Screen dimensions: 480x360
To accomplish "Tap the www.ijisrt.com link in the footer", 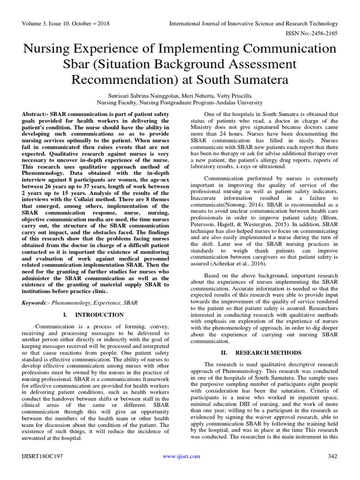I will tap(181, 456).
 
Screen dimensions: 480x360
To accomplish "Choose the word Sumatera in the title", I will tap(262, 79).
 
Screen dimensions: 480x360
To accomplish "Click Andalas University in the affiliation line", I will tap(240, 102).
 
